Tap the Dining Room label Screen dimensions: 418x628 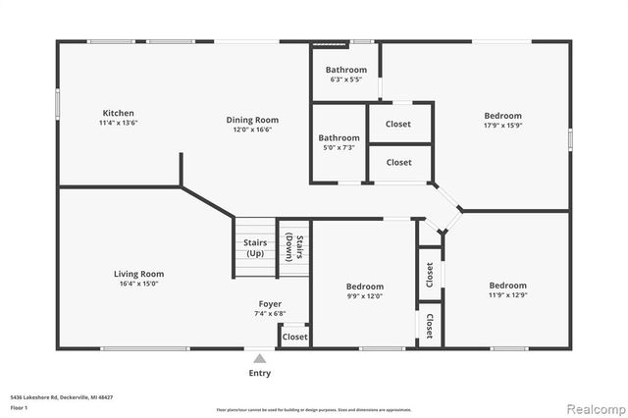(x=252, y=119)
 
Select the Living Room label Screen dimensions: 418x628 (x=138, y=274)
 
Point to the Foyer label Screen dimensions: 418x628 (x=270, y=304)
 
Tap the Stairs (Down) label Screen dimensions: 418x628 (x=293, y=248)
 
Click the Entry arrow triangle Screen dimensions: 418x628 (x=259, y=358)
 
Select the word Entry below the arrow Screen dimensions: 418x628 (x=259, y=373)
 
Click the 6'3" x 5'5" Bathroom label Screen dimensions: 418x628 (x=346, y=70)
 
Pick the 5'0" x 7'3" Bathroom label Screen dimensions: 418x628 (x=339, y=138)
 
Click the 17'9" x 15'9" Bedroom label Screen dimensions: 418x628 (x=502, y=115)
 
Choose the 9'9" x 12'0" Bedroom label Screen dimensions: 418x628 (x=363, y=287)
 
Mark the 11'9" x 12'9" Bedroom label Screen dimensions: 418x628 (x=508, y=286)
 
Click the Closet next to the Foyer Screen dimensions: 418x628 (x=294, y=337)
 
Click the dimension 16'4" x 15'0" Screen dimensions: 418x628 (x=138, y=284)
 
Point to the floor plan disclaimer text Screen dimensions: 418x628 (x=314, y=409)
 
